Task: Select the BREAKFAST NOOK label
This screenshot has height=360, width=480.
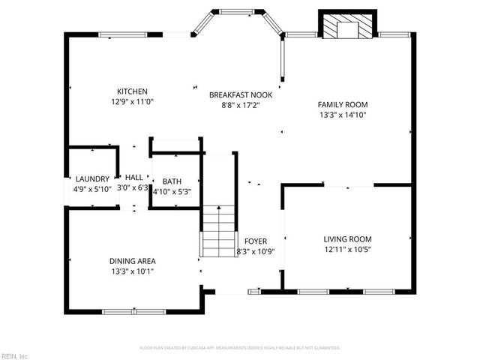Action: (240, 94)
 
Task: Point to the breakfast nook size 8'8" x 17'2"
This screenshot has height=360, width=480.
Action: (240, 106)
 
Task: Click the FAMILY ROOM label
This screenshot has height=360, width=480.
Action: (342, 104)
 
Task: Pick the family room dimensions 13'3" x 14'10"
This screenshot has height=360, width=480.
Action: (342, 115)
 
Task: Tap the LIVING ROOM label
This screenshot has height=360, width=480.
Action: (347, 238)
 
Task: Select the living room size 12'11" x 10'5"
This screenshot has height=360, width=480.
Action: (347, 250)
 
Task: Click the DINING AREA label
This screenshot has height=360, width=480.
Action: (133, 261)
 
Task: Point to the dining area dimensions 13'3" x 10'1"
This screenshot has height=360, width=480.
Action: (133, 272)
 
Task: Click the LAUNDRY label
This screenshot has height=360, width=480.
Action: (92, 178)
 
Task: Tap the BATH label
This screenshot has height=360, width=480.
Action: (172, 181)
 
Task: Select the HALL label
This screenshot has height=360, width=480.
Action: (133, 177)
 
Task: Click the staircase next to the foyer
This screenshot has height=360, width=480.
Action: (218, 229)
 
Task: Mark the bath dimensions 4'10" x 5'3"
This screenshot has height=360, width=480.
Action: (172, 191)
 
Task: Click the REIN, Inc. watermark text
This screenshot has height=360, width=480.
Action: (14, 355)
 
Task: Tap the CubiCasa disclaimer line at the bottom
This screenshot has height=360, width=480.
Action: (240, 348)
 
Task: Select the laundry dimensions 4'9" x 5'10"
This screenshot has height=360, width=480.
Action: (92, 189)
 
